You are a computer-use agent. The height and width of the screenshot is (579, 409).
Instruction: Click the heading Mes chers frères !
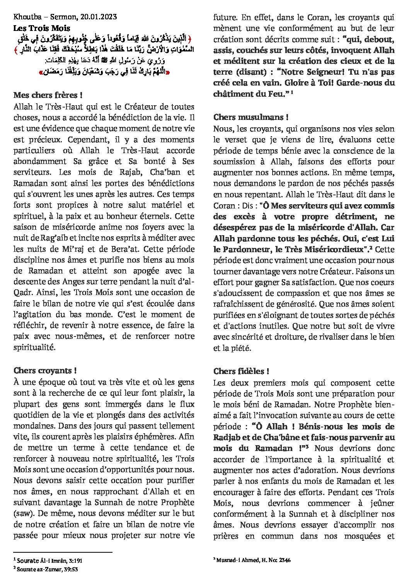[x=48, y=95]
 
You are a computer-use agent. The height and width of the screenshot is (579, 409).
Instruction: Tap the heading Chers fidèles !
[x=241, y=371]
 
